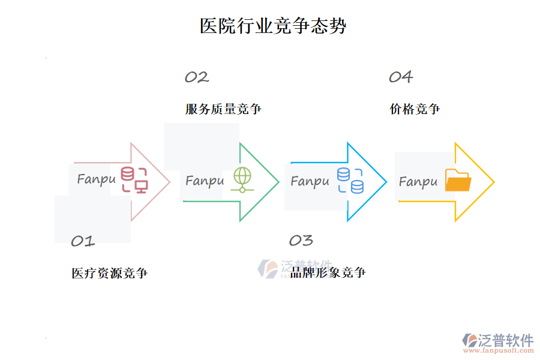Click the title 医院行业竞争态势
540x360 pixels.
[273, 26]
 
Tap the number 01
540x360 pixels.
[83, 241]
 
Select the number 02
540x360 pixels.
[196, 77]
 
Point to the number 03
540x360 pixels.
[301, 241]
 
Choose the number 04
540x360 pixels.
[401, 77]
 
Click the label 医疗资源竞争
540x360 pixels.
[110, 274]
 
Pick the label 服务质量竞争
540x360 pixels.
[223, 109]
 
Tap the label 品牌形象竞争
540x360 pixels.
[328, 273]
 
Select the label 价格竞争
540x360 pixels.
[415, 109]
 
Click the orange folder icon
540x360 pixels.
[458, 181]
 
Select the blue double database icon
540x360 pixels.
[350, 181]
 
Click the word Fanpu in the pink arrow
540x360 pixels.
[96, 179]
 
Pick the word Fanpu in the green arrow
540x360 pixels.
[205, 181]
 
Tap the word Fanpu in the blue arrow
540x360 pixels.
[310, 181]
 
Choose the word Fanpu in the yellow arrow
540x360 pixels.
[418, 181]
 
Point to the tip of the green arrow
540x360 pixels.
[278, 182]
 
